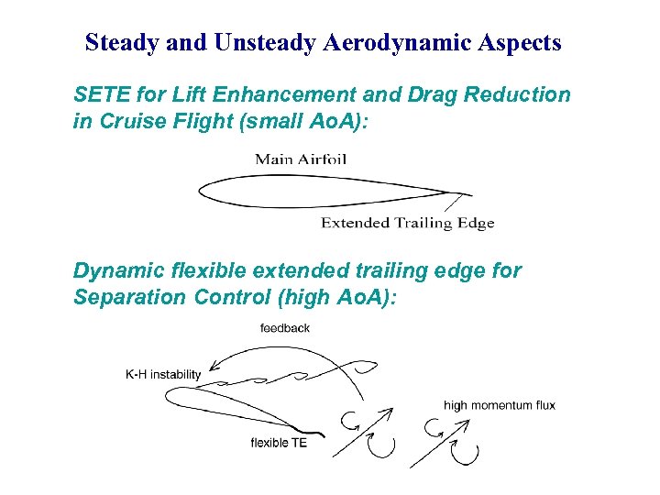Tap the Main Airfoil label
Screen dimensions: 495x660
[301, 159]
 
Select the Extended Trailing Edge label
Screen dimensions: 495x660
[407, 223]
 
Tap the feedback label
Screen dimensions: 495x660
[285, 328]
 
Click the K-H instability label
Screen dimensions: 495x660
[162, 375]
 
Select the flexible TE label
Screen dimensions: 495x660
[279, 444]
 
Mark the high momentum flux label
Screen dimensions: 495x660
[500, 405]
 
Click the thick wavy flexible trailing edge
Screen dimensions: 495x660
[306, 430]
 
